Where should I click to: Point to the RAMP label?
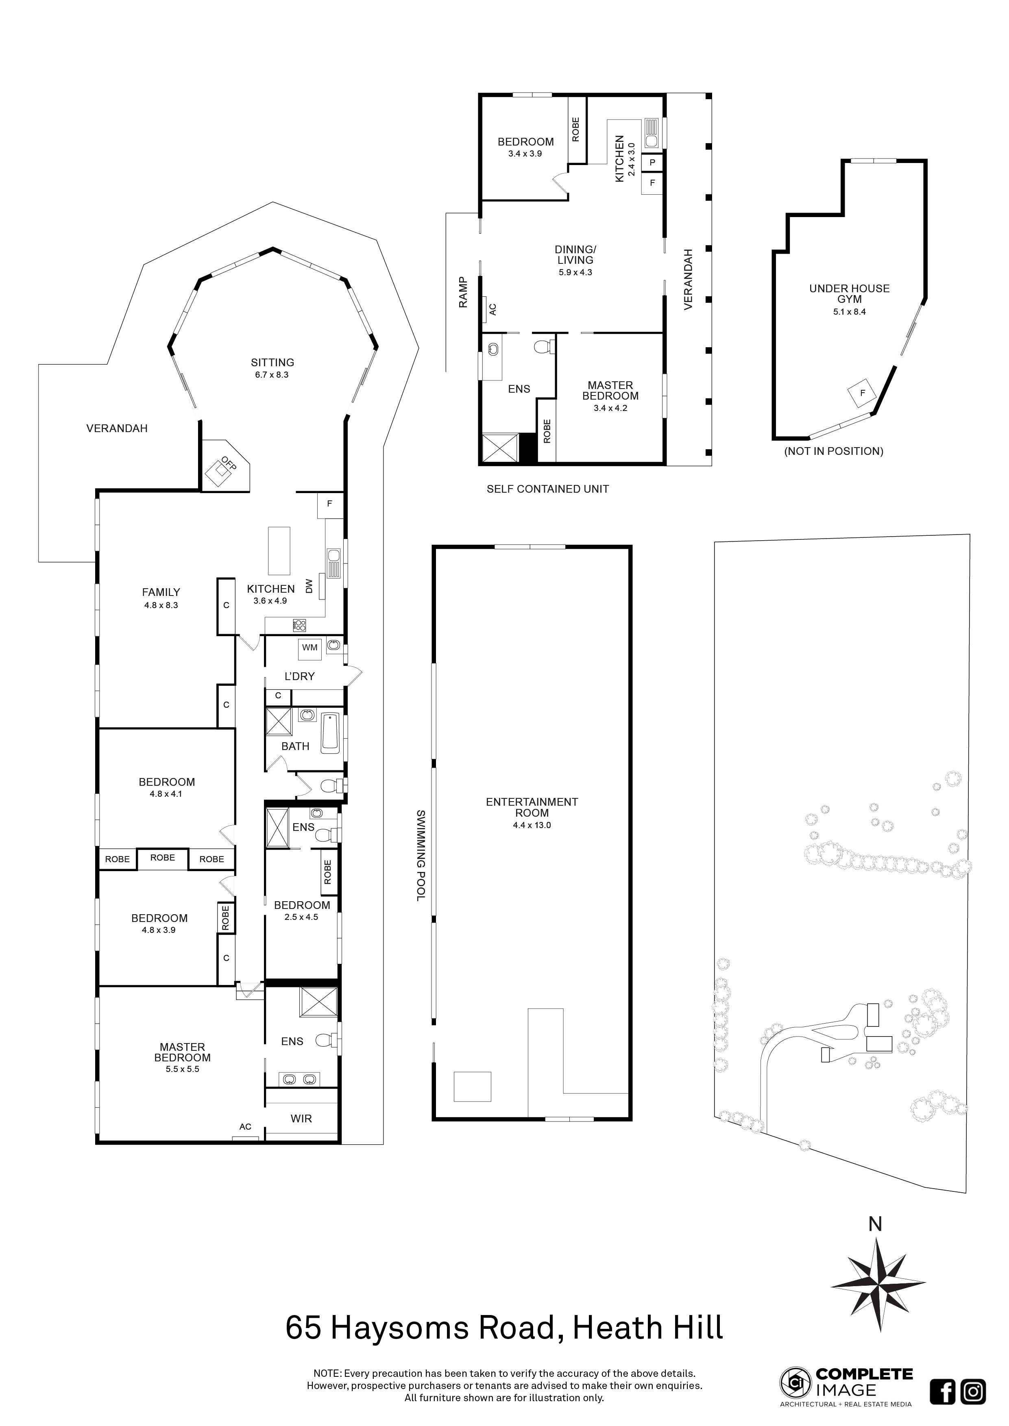[463, 292]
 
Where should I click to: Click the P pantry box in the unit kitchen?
[652, 162]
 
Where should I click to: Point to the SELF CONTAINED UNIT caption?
[547, 489]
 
